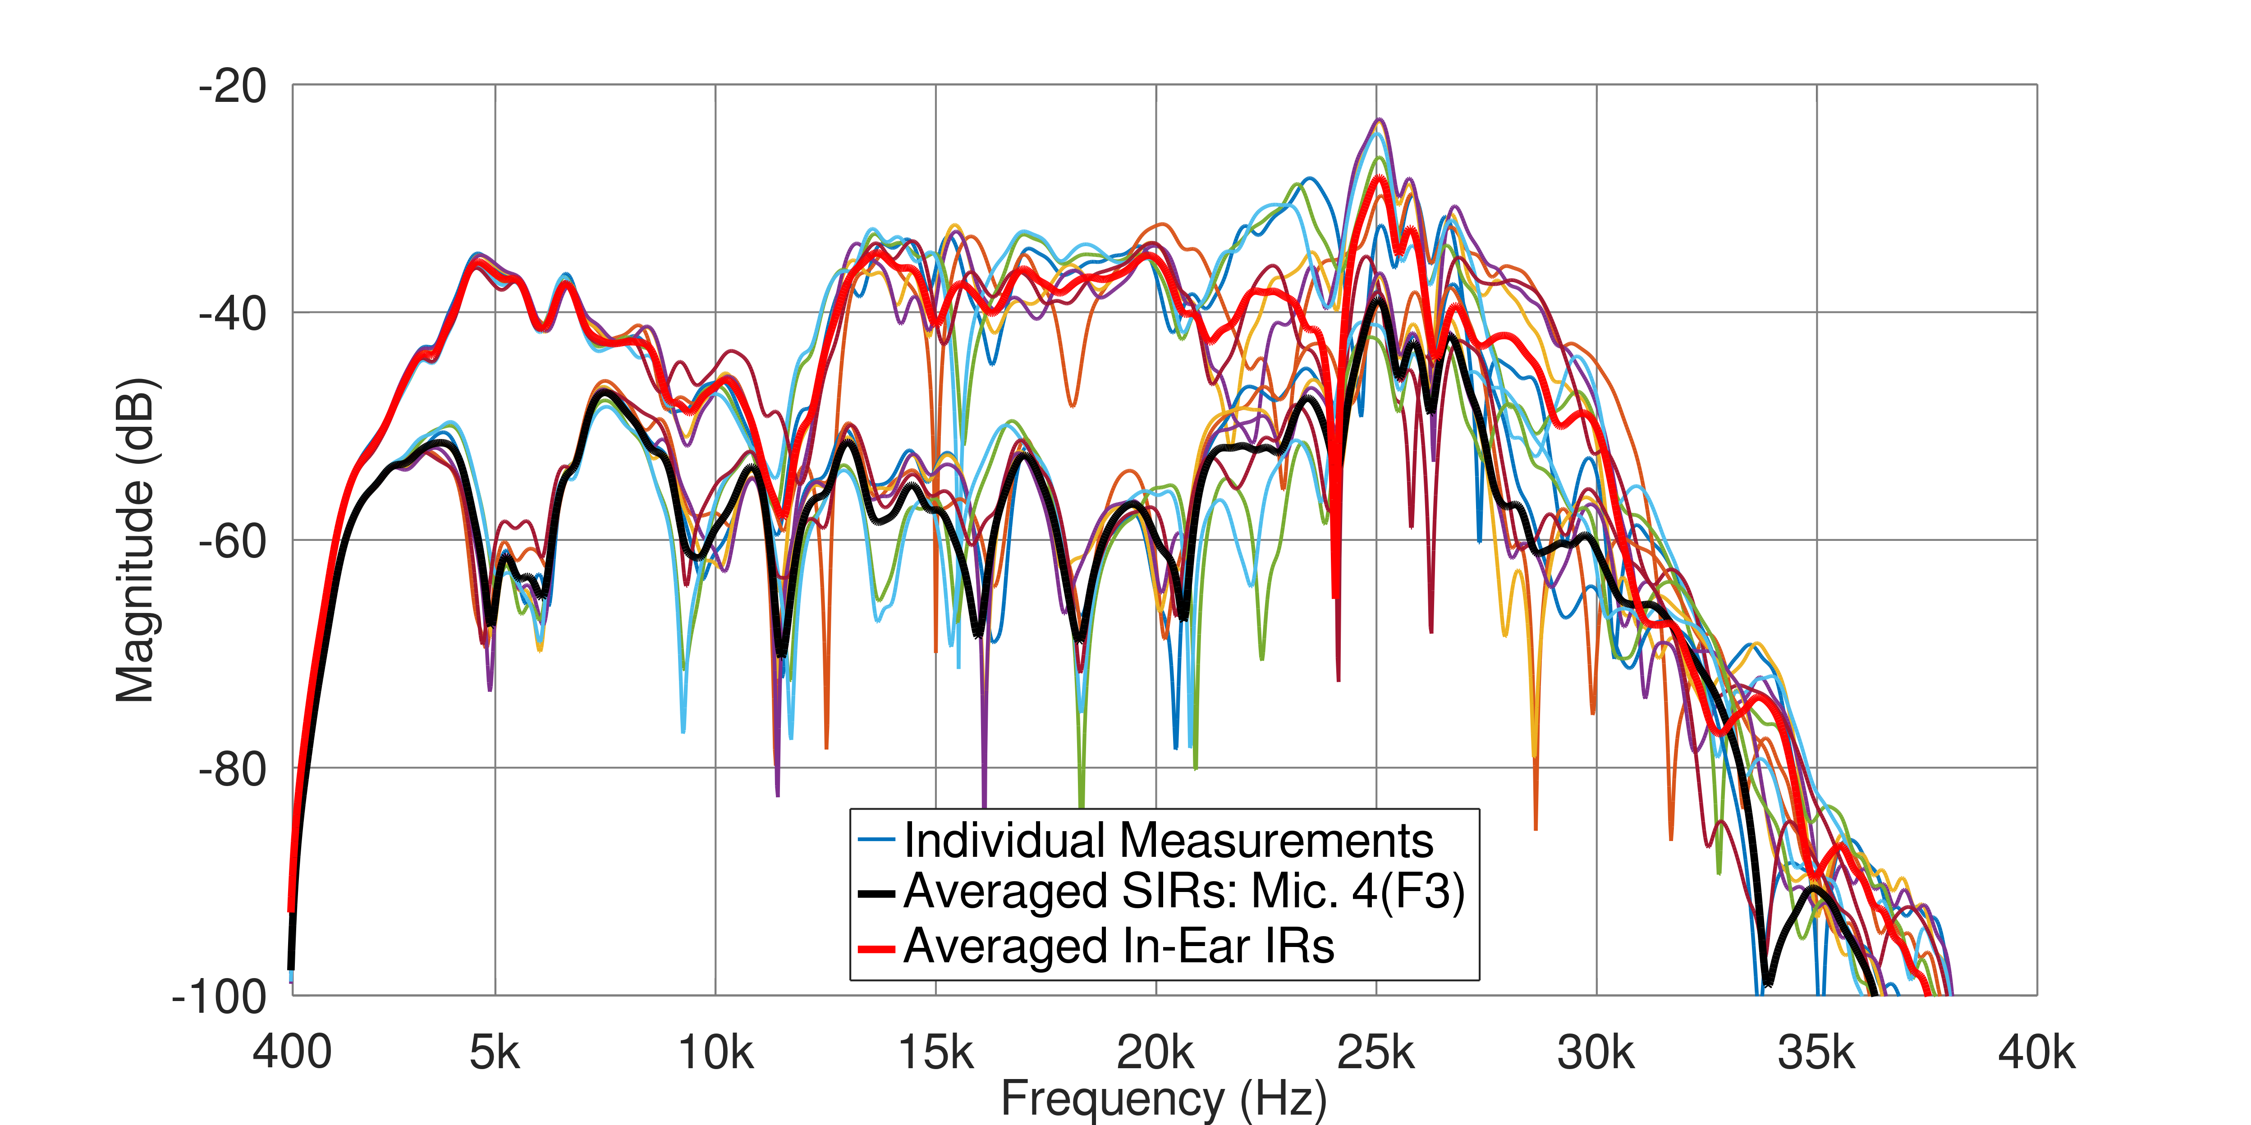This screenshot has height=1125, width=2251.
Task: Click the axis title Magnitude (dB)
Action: (x=135, y=540)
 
